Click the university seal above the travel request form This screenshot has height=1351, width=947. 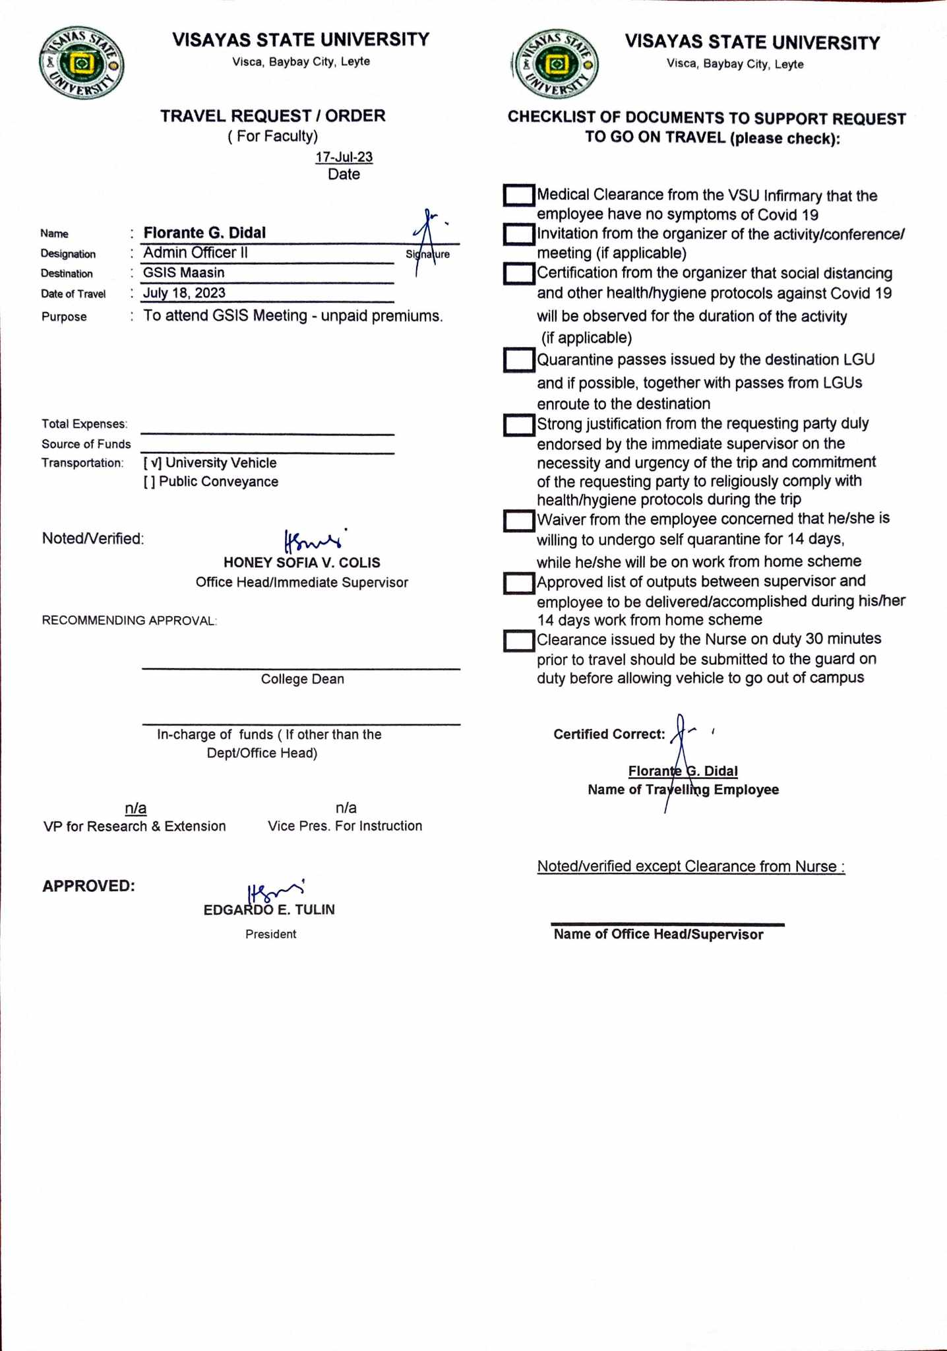click(x=82, y=65)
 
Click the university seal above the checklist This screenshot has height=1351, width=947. click(x=557, y=65)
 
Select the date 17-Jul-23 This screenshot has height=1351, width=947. click(x=344, y=158)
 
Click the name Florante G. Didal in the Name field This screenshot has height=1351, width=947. click(x=204, y=233)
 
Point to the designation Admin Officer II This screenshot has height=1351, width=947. click(x=195, y=253)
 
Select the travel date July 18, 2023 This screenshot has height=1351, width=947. click(x=185, y=294)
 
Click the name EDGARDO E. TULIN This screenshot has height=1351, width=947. click(x=269, y=910)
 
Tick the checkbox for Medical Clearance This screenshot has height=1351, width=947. click(x=518, y=195)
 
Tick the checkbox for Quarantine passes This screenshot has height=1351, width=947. click(x=518, y=360)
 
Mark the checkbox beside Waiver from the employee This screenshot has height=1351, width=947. click(x=518, y=521)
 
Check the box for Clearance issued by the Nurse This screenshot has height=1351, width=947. click(x=518, y=641)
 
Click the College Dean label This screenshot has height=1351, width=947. click(x=302, y=679)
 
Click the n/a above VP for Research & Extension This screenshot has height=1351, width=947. click(x=136, y=809)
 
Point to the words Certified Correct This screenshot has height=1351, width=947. click(x=609, y=734)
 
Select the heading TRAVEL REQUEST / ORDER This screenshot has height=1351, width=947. click(x=273, y=116)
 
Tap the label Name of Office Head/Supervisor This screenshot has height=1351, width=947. click(x=658, y=935)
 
